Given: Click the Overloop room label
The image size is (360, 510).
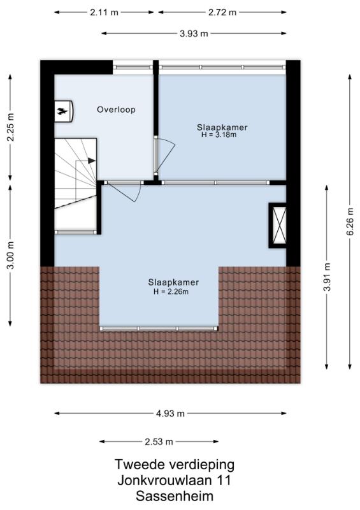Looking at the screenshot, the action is (x=116, y=110).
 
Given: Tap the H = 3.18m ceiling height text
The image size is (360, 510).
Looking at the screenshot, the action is (x=219, y=135).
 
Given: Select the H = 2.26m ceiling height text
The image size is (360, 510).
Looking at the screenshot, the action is (x=171, y=291).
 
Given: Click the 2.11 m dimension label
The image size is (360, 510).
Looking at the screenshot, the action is (x=104, y=12).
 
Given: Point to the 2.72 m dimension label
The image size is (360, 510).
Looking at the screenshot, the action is (x=222, y=12).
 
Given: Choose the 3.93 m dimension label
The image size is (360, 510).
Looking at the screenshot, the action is (x=194, y=33).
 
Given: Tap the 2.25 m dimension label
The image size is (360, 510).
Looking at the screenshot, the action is (x=11, y=127).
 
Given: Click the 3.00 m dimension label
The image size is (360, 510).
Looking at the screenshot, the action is (x=11, y=256).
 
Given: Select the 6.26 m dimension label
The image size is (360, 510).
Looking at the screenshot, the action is (x=350, y=221).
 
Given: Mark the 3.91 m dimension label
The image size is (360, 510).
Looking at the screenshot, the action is (x=327, y=277).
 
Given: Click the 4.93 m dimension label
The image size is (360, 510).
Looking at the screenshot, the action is (x=170, y=413).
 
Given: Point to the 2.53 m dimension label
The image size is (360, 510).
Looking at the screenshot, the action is (x=159, y=442).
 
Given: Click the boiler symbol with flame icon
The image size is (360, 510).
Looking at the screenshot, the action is (x=63, y=111).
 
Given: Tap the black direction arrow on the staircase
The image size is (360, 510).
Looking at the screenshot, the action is (x=91, y=161).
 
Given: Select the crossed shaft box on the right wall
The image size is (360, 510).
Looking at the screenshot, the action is (x=277, y=225).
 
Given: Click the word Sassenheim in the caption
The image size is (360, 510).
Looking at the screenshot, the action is (x=175, y=497).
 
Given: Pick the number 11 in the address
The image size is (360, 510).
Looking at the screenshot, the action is (x=224, y=481).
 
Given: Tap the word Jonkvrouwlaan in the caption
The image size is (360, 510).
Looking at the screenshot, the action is (x=164, y=481).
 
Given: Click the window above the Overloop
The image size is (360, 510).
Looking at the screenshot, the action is (x=133, y=68).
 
